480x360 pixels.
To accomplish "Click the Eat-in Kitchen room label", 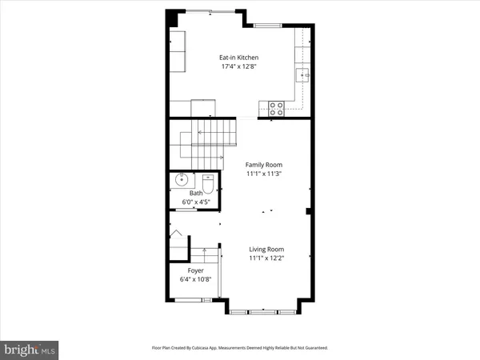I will coord(239,58).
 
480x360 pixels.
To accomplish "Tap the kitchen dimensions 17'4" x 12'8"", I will coord(239,66).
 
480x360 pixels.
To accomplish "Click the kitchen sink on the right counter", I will coord(303,75).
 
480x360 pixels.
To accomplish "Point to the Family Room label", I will coord(265,164).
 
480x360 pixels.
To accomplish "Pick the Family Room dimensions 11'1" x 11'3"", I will coord(265,174).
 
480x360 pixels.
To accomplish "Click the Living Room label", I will coord(265,250).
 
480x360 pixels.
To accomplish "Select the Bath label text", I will coord(196,193).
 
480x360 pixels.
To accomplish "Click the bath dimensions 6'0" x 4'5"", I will coord(196,202).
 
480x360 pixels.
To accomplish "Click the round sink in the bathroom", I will coord(181,180).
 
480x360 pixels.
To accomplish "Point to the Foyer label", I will coord(195,270).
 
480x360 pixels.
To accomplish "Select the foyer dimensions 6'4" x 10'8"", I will coord(195,280).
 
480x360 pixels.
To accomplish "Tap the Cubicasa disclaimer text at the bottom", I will coord(239,349).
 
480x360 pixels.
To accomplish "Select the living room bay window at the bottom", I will coord(264,310).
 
